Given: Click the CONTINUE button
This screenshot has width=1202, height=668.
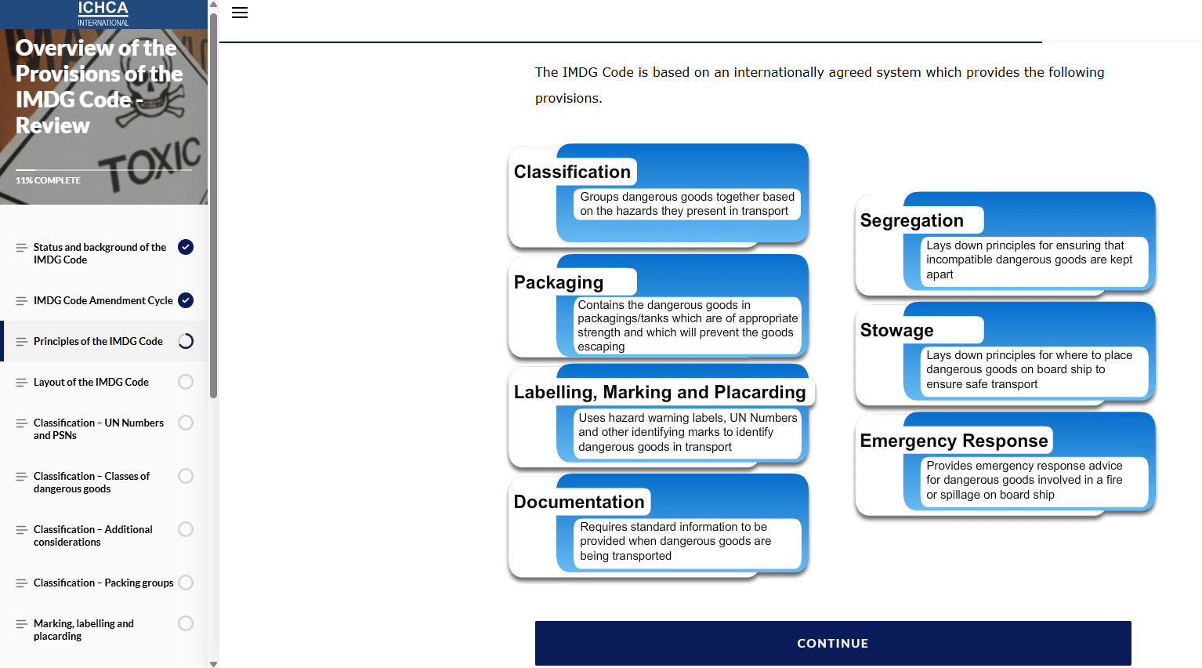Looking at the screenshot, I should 832,643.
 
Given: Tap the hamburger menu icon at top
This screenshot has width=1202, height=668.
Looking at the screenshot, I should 240,13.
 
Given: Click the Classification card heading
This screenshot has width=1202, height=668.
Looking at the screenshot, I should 572,172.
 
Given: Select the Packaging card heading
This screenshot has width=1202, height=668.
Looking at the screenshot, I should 559,282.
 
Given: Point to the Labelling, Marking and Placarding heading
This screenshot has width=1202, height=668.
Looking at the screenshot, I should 660,392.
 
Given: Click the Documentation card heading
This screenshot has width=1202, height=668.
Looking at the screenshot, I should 579,502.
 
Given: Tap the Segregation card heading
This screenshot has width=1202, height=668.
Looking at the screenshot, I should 911,220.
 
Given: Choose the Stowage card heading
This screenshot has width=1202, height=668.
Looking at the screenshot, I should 896,330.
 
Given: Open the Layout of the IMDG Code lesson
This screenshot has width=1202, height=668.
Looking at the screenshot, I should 91,382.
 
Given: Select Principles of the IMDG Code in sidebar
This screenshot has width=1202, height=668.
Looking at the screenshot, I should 98,341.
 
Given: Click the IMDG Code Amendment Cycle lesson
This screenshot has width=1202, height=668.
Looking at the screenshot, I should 103,300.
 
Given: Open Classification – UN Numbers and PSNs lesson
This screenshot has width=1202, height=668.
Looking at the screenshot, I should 98,429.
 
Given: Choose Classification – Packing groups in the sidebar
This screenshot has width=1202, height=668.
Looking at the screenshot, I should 103,583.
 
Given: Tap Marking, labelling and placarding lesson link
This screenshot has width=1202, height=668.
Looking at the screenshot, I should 83,630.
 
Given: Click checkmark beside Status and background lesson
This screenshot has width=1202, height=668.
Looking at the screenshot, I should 186,247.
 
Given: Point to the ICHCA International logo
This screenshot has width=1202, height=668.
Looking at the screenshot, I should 103,13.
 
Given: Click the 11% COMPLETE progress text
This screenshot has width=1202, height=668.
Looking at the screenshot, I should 48,180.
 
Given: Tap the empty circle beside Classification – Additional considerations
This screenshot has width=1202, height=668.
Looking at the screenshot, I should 186,529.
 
